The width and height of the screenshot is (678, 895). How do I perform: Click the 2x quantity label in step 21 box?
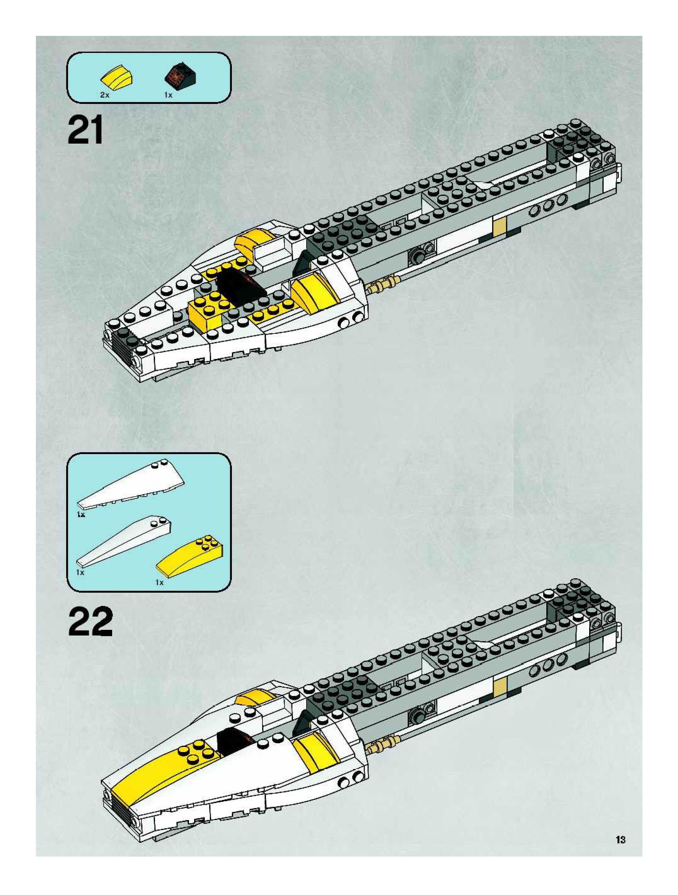tap(104, 95)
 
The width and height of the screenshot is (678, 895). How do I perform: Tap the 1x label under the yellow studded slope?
tap(159, 582)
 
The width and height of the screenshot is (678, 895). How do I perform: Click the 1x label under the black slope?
tap(168, 95)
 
